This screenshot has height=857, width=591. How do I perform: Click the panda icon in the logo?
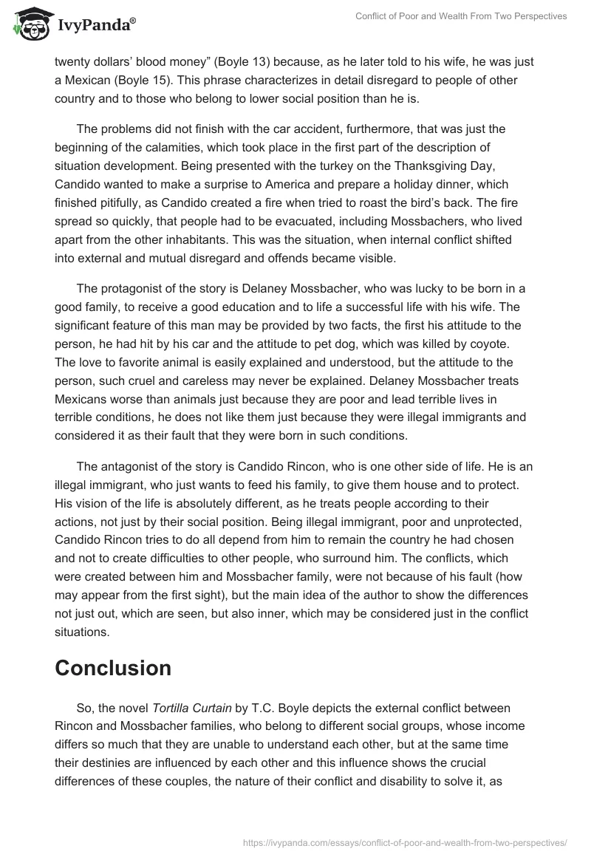tap(29, 24)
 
